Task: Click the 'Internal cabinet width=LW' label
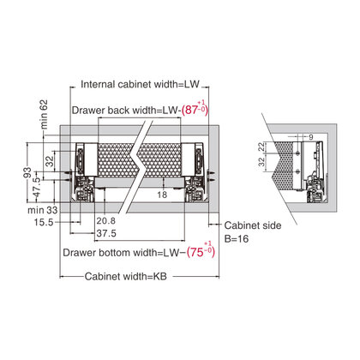140,85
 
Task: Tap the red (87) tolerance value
195,109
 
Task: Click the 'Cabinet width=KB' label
126,277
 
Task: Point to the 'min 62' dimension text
44,114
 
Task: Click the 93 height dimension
27,172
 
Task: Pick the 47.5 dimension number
37,188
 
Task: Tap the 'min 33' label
43,210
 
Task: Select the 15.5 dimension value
44,222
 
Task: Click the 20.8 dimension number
106,220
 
